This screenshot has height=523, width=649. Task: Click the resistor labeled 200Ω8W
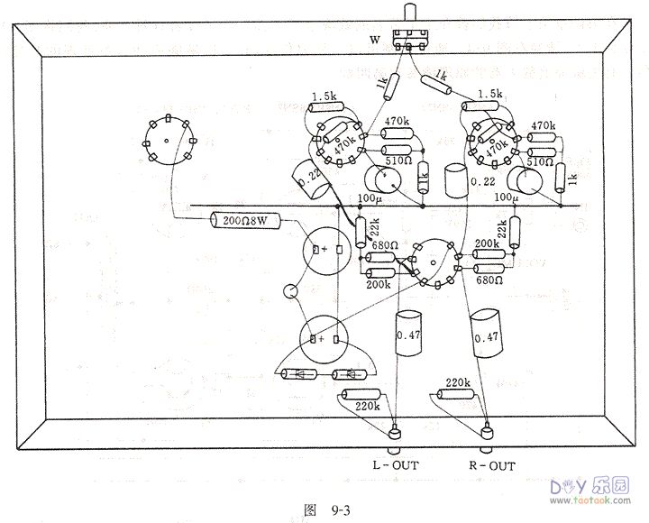point(245,220)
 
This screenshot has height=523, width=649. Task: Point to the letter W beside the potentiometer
point(375,40)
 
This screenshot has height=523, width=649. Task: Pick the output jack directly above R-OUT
point(488,438)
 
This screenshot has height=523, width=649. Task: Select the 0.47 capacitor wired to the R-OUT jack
point(486,336)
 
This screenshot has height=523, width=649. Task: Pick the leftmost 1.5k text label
point(324,96)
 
